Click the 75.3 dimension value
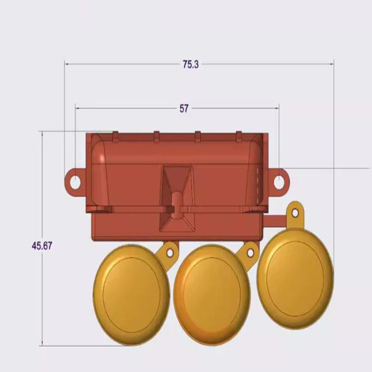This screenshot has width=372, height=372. [x=191, y=65]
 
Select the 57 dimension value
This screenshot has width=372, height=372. [x=184, y=108]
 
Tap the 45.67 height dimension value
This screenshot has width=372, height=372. [x=41, y=246]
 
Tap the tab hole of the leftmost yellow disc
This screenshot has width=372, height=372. [x=170, y=252]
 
